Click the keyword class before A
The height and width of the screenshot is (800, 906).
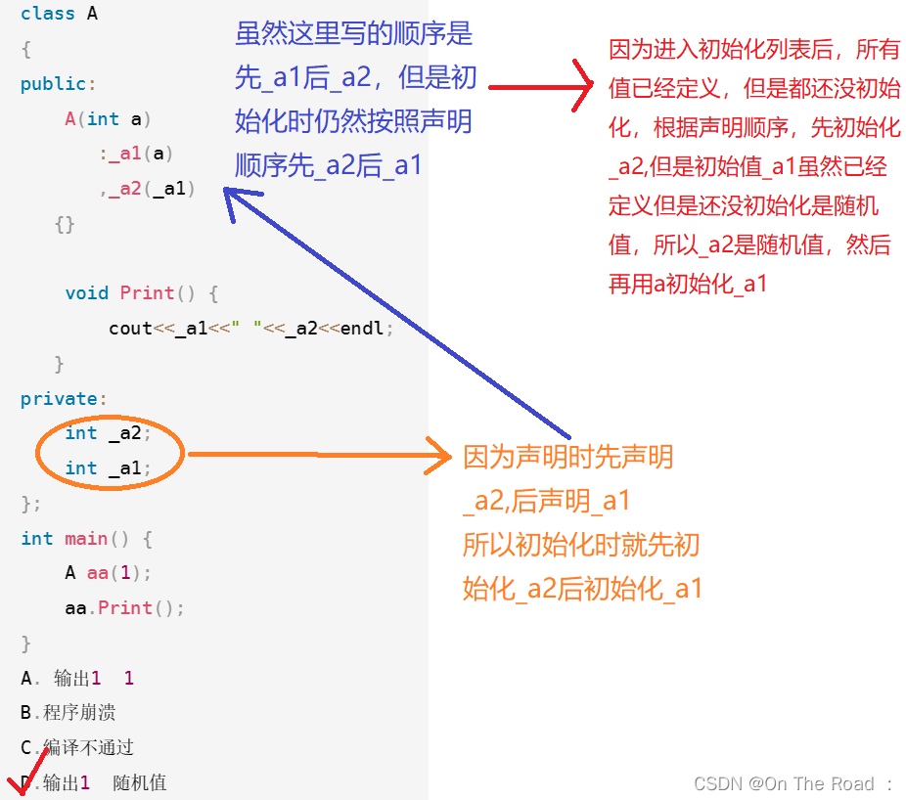click(x=48, y=14)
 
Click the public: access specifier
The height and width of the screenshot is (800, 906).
click(x=58, y=84)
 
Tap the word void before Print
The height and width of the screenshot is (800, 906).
click(x=87, y=293)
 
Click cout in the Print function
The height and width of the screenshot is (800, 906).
click(x=130, y=329)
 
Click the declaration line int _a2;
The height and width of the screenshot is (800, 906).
click(x=109, y=433)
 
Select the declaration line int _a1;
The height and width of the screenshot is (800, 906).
click(x=109, y=468)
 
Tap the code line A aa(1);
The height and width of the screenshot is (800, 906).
click(x=108, y=573)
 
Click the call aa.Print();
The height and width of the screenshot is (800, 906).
click(x=124, y=608)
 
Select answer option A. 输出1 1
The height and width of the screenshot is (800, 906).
click(x=78, y=678)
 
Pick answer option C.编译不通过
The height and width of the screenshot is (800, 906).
click(x=77, y=748)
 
